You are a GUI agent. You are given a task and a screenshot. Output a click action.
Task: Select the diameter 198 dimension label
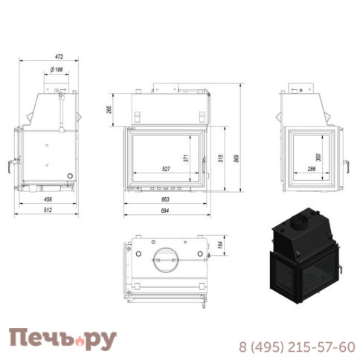pos(54,70)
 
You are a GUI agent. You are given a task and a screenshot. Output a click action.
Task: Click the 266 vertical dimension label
pos(109,110)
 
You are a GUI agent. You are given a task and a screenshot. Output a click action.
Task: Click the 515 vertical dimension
pos(221,158)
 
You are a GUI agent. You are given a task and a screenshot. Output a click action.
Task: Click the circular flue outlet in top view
pos(165,258)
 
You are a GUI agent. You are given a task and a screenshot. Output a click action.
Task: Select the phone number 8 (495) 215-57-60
pos(296,346)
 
